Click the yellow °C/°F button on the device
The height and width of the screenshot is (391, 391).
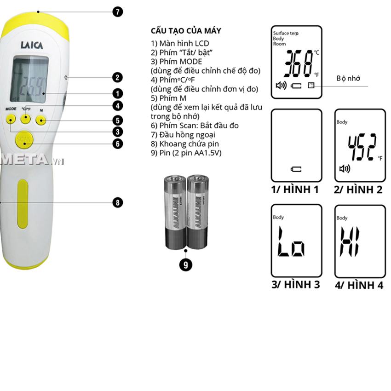[x=26, y=118]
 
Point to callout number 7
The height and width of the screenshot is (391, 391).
[x=118, y=12]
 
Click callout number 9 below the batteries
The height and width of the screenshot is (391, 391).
[x=185, y=264]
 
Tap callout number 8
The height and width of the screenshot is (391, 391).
[x=118, y=202]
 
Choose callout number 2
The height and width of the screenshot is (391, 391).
[x=118, y=77]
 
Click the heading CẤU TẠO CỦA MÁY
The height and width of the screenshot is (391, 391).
[x=186, y=31]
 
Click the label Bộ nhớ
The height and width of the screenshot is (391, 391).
[x=347, y=78]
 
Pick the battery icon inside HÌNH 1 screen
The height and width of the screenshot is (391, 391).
[x=296, y=169]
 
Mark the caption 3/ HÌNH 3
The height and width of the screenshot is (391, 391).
[x=295, y=284]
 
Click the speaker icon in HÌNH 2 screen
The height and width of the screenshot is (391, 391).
[x=344, y=169]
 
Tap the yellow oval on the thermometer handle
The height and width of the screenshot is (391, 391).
[x=23, y=203]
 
